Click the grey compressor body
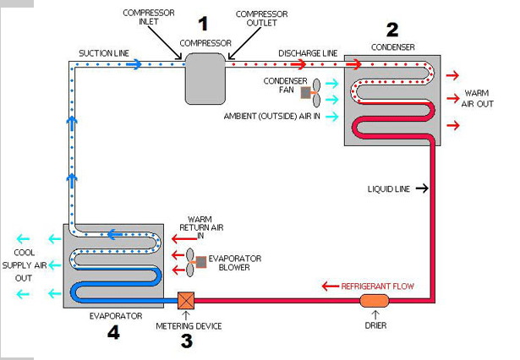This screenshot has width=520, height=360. click(205, 79)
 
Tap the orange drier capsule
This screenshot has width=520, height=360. click(374, 301)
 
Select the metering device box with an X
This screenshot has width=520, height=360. click(186, 301)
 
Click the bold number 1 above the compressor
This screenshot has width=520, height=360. click(203, 24)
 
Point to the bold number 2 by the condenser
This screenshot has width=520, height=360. click(392, 30)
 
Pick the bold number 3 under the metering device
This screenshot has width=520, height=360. click(187, 341)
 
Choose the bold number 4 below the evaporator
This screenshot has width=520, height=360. click(113, 332)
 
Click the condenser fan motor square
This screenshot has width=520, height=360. click(306, 92)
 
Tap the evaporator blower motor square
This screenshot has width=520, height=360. click(201, 262)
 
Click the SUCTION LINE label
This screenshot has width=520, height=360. click(104, 53)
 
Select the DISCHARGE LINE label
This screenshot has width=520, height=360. click(308, 53)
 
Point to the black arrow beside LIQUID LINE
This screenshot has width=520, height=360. click(422, 188)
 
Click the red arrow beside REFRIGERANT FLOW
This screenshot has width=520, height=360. click(331, 286)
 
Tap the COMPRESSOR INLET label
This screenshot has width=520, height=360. click(149, 17)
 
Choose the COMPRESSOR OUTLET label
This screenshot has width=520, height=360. click(261, 19)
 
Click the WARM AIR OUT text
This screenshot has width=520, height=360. click(477, 99)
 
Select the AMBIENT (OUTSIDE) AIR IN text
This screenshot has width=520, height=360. click(272, 117)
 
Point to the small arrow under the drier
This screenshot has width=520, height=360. click(375, 314)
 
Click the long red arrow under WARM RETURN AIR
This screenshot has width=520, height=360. click(184, 238)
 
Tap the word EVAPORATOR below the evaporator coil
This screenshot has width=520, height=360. click(116, 316)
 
